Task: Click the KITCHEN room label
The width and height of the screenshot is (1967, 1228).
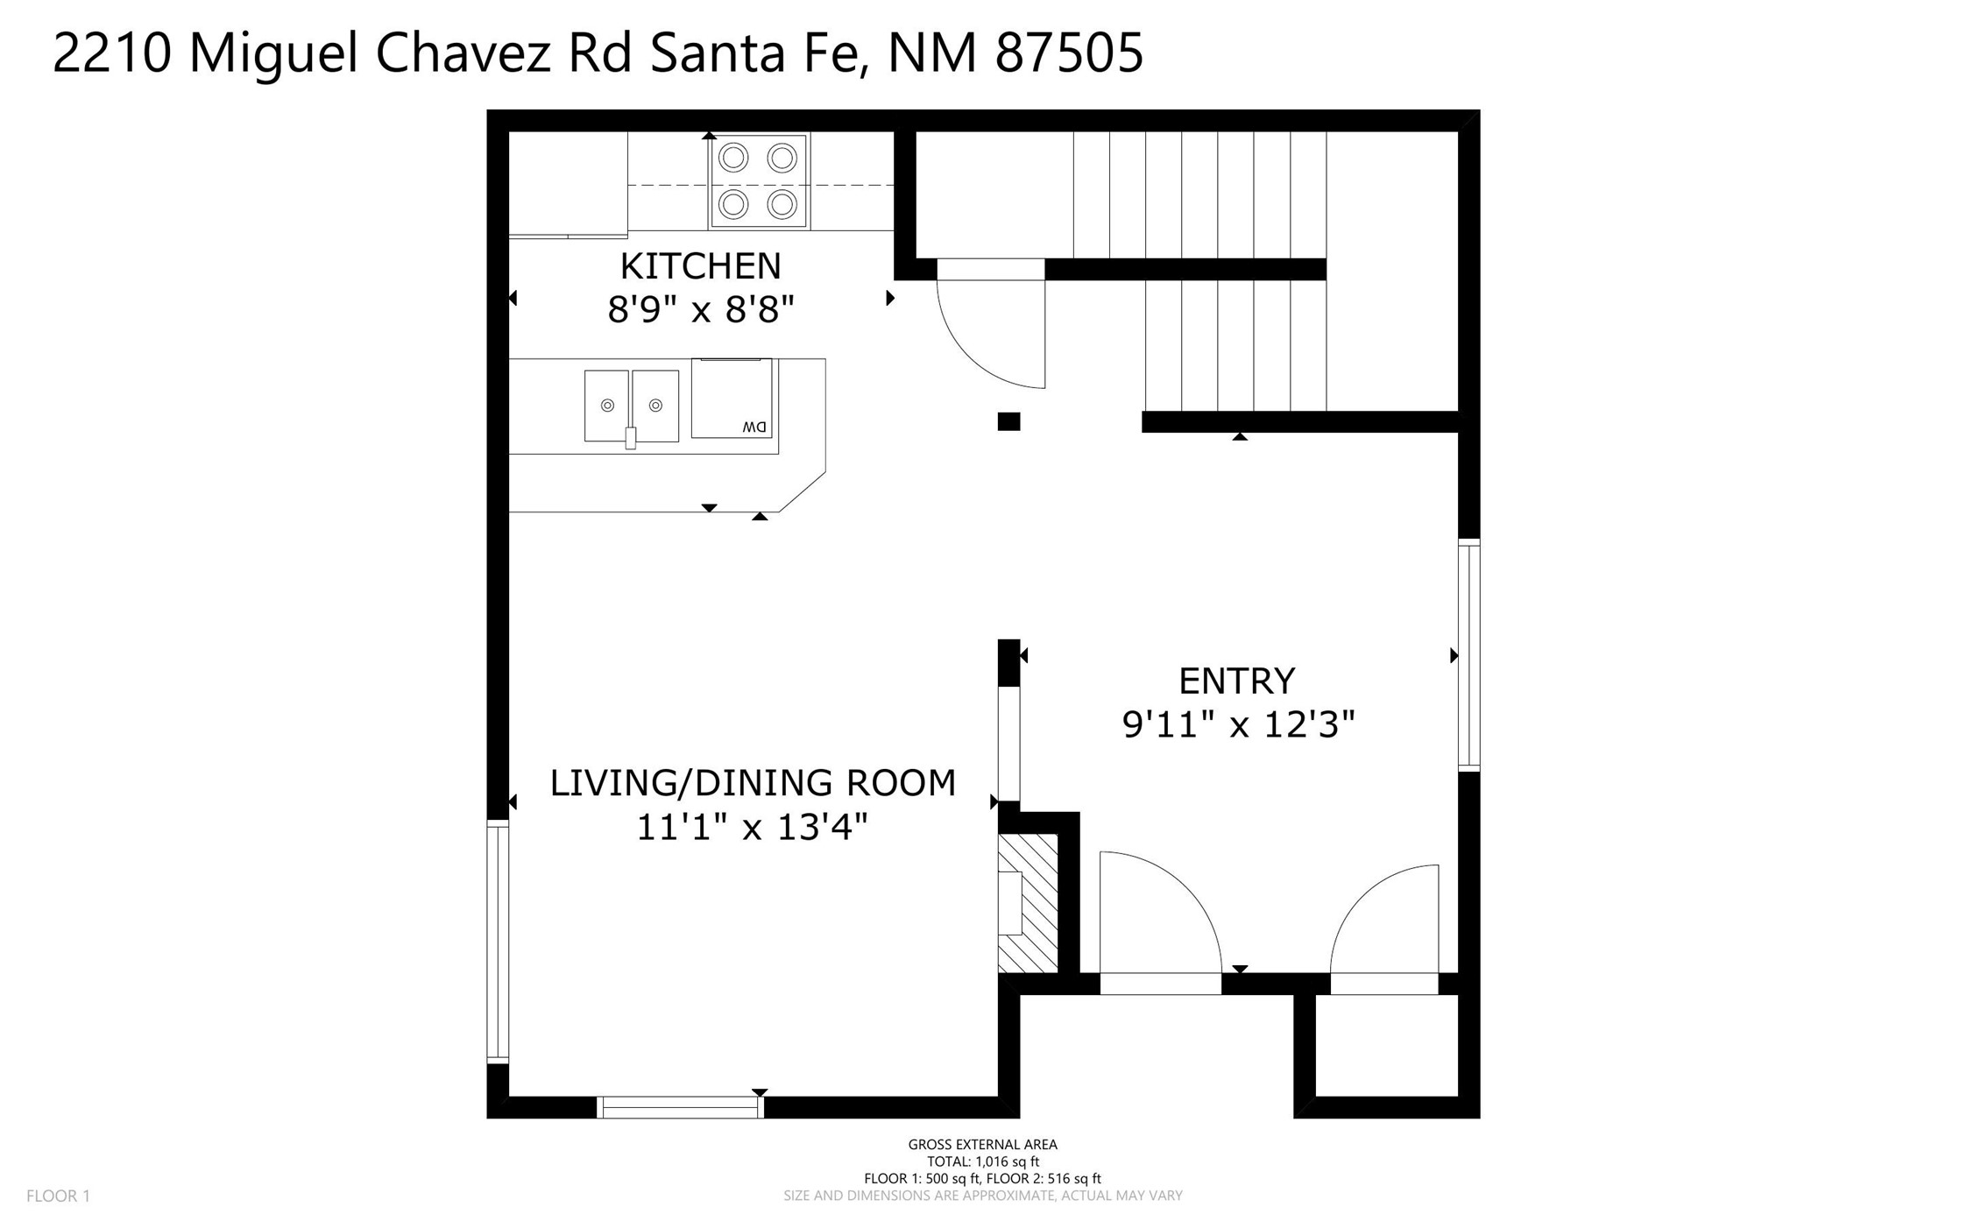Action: coord(700,265)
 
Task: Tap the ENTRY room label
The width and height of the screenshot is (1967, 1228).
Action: coord(1236,681)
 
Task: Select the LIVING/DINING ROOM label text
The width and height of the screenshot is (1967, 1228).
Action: coord(753,782)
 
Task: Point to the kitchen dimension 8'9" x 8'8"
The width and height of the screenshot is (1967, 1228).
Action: coord(701,309)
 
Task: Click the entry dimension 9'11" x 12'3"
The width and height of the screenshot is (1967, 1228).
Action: coord(1239,724)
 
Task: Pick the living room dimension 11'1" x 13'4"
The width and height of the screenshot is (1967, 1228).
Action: coord(752,826)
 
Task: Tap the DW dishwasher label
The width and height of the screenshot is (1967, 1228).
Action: coord(754,427)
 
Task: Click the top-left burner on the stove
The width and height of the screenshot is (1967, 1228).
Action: coord(733,159)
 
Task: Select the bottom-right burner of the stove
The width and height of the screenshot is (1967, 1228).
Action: coord(782,205)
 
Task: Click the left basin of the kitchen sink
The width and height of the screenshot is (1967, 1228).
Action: coord(607,406)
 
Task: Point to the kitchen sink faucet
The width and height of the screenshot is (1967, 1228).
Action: coord(630,437)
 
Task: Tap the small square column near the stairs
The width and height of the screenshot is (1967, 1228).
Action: coord(1008,421)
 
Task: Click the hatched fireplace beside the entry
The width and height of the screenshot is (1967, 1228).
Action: coord(1028,903)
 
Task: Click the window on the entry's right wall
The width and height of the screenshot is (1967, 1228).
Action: coord(1469,655)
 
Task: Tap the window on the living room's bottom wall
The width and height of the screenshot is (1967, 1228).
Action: coord(680,1107)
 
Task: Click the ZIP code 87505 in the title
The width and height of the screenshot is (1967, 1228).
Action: coord(1069,53)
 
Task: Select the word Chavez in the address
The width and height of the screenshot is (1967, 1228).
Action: coord(463,53)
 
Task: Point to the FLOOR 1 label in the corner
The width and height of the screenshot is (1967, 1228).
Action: coord(58,1196)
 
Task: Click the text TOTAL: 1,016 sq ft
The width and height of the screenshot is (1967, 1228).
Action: coord(983,1161)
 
